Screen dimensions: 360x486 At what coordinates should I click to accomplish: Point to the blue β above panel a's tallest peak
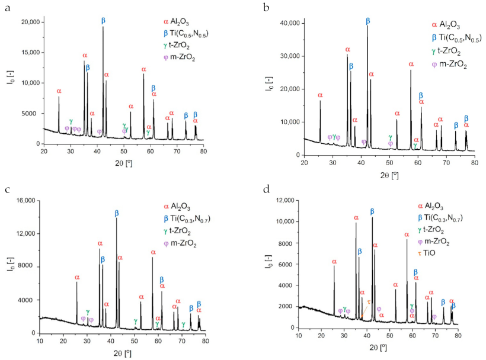coord(103,20)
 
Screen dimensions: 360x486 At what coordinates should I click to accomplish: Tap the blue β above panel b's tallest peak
coord(368,21)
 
